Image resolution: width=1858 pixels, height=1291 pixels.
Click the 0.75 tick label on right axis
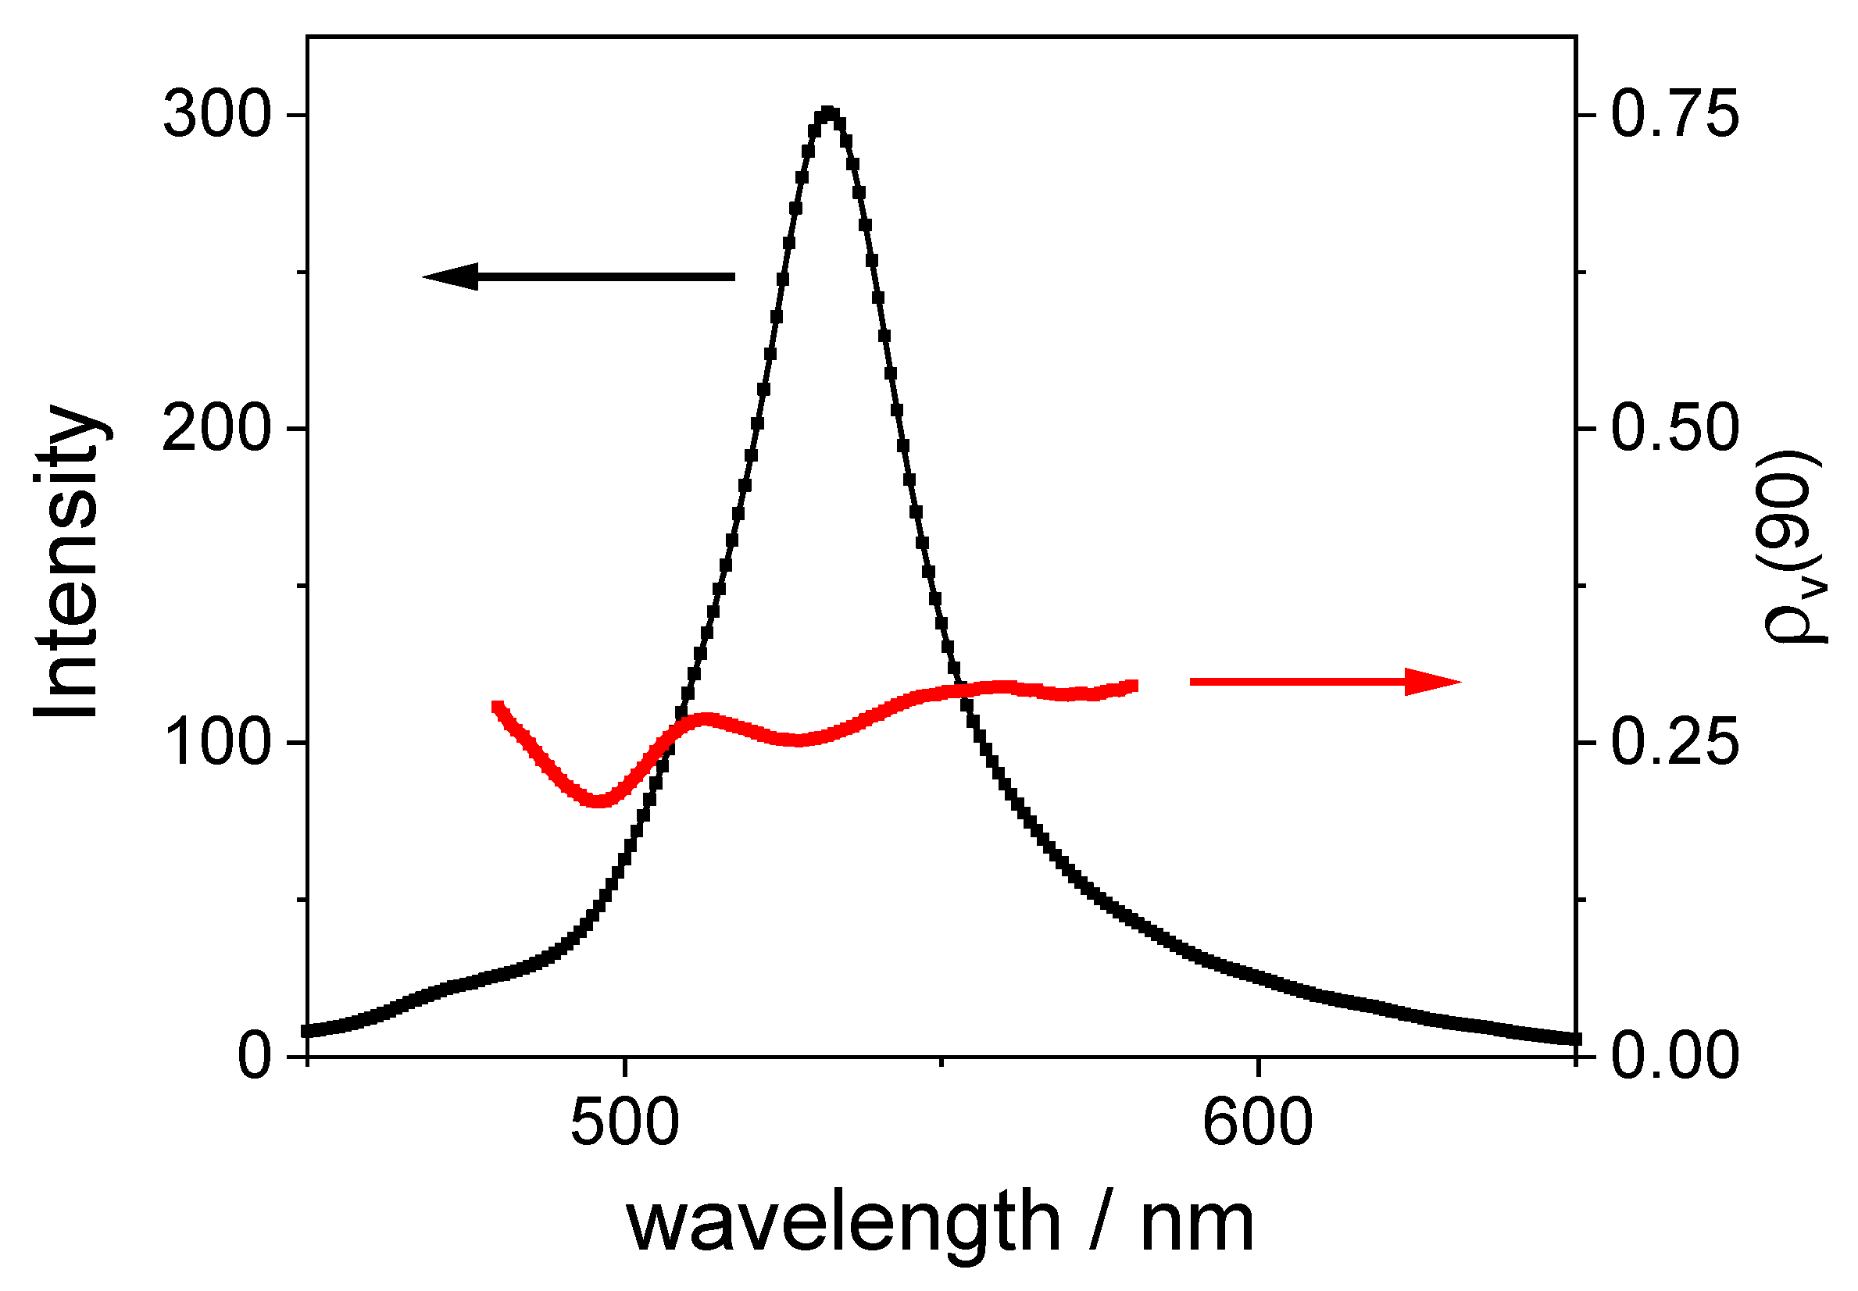pos(1674,115)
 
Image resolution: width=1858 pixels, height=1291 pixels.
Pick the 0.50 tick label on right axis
pos(1674,429)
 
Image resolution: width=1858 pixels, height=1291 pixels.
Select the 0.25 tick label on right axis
pos(1674,743)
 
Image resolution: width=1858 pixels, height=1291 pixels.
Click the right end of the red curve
pos(1134,686)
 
